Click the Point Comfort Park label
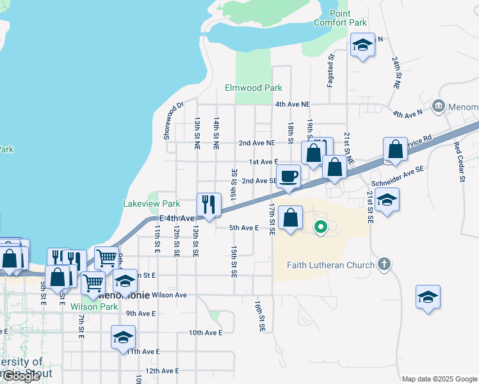click(340, 18)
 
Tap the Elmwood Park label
click(253, 88)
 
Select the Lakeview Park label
click(151, 204)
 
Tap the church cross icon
click(384, 264)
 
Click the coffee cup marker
click(288, 175)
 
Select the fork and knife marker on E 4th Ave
click(209, 204)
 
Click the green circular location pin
click(321, 226)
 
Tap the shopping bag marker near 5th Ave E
click(291, 217)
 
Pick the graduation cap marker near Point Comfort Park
click(363, 45)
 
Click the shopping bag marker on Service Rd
click(396, 149)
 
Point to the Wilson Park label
click(100, 307)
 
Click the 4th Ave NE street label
click(292, 104)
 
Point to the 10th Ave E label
click(205, 333)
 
